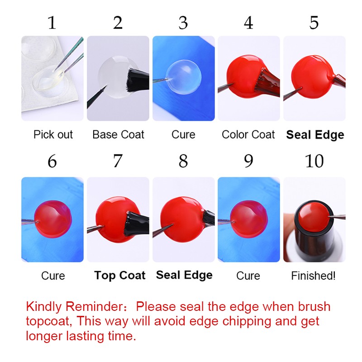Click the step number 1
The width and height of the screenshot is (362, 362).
tap(52, 23)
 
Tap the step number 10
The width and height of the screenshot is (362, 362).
tap(314, 161)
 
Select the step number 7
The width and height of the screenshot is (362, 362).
tap(118, 161)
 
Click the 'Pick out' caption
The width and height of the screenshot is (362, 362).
tap(53, 134)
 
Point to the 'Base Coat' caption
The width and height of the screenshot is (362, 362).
tap(118, 134)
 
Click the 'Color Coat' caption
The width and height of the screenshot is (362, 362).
tap(248, 134)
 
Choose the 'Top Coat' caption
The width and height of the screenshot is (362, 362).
tap(120, 276)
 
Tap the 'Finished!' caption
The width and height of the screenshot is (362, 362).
tap(313, 276)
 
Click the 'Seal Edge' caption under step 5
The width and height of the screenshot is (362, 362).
tap(315, 135)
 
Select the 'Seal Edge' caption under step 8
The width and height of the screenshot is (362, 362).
tap(184, 275)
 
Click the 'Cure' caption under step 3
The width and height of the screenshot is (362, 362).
tap(183, 134)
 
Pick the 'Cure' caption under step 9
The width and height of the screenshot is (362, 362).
tap(248, 276)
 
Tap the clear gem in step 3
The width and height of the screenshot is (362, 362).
tap(184, 77)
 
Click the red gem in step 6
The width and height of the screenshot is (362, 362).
tap(53, 219)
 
